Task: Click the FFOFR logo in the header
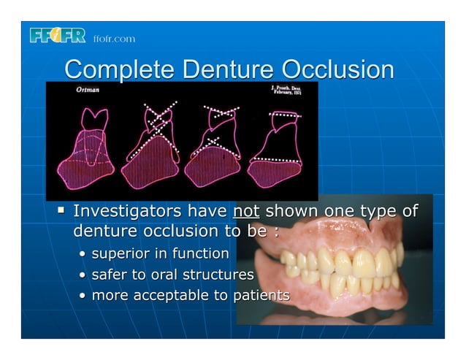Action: pos(58,36)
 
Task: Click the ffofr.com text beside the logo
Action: pos(113,39)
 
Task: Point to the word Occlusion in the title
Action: pos(338,70)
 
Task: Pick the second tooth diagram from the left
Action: pos(152,146)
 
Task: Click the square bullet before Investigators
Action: pos(63,212)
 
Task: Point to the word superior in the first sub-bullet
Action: pos(121,254)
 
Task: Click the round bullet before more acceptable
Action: pos(83,296)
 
